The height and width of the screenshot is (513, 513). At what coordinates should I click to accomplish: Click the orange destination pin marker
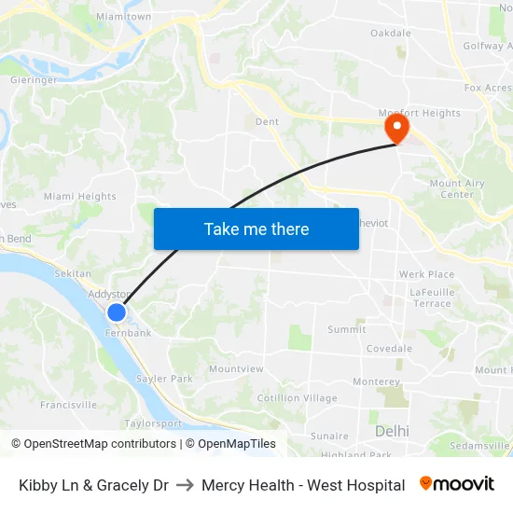397,128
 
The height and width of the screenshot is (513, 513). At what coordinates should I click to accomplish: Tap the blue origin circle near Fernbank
117,313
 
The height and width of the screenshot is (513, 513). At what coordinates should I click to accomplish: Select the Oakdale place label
390,33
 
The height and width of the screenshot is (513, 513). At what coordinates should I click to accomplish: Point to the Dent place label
267,121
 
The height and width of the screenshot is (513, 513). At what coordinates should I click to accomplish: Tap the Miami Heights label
80,197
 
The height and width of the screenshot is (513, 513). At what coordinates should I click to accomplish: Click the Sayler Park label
164,379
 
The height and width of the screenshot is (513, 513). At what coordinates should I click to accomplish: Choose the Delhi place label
392,431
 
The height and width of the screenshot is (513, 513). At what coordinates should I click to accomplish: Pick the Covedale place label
389,349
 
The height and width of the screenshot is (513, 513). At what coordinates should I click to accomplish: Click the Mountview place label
236,369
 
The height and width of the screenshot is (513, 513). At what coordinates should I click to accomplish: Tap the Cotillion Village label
298,398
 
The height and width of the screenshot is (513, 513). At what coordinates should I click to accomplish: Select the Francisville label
68,405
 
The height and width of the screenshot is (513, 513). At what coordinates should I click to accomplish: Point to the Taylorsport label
153,423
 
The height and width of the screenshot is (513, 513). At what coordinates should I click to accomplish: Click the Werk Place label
426,274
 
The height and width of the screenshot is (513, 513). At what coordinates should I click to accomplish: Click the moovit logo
457,484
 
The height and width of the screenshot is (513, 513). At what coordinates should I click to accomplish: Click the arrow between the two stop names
185,485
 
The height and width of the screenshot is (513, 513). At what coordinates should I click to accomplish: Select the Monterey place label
377,381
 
